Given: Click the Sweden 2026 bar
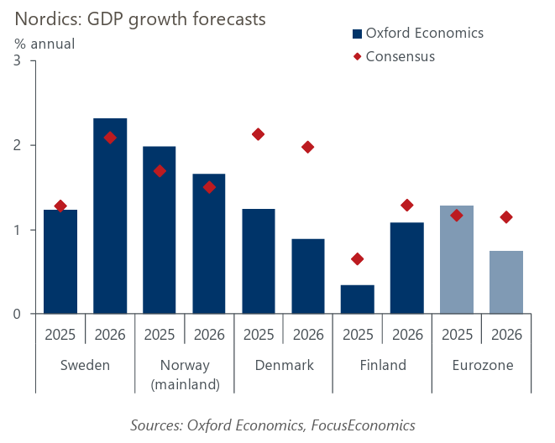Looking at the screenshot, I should click(x=110, y=216).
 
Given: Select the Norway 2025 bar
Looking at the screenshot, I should click(x=160, y=230).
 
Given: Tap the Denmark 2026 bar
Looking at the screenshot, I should click(x=308, y=276).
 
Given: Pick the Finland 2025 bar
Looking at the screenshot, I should click(x=358, y=300).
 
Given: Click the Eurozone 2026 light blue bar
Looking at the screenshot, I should click(x=506, y=282).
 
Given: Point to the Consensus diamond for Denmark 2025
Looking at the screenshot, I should click(x=259, y=134).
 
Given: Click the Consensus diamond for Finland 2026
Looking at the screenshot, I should click(x=407, y=205).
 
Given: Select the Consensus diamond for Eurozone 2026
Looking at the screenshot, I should click(x=506, y=217).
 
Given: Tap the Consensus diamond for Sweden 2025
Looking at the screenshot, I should click(x=60, y=206).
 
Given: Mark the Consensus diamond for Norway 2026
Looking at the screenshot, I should click(x=209, y=187).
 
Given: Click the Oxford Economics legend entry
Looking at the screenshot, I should click(x=417, y=34).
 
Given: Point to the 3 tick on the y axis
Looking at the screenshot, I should click(x=18, y=60).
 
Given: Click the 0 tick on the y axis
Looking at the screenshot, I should click(x=18, y=315).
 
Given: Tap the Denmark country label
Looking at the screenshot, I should click(x=283, y=366).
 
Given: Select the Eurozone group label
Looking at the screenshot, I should click(x=482, y=366).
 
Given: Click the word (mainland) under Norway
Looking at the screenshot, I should click(x=185, y=385).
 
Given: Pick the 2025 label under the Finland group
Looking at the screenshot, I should click(x=358, y=335).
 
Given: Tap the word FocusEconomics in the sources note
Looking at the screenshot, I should click(x=363, y=425).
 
